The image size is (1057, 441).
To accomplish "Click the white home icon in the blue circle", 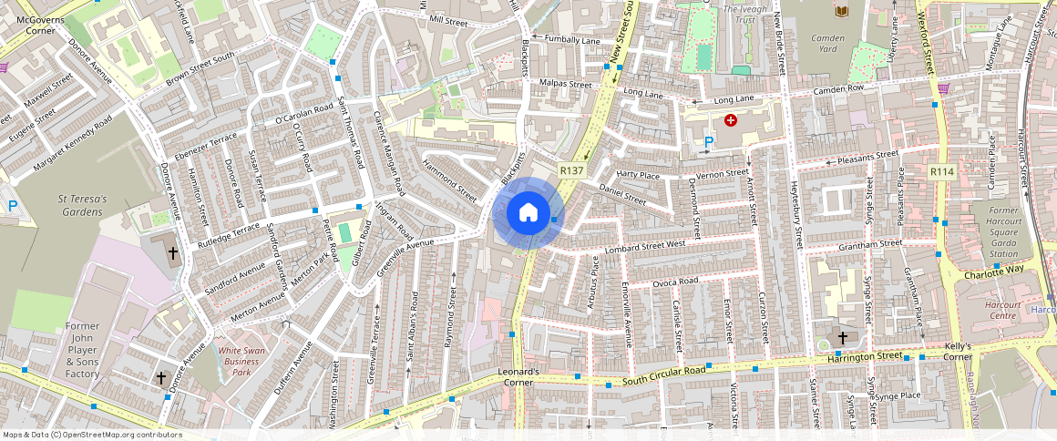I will click(528, 213).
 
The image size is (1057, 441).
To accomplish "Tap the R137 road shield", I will click(571, 170).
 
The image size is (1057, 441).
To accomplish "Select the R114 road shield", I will click(941, 171).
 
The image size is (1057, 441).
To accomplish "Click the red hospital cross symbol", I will click(730, 119).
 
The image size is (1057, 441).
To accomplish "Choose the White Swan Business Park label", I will click(241, 361).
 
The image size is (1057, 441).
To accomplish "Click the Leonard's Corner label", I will click(519, 377).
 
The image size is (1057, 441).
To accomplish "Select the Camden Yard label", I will click(826, 43).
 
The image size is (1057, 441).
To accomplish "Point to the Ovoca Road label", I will click(675, 282).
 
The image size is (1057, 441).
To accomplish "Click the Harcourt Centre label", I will click(1002, 310).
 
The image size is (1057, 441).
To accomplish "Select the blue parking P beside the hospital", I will click(709, 141).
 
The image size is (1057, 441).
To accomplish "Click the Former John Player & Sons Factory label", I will click(82, 350).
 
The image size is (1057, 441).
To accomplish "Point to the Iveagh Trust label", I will click(738, 14).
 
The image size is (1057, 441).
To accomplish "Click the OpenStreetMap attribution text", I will click(92, 435).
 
